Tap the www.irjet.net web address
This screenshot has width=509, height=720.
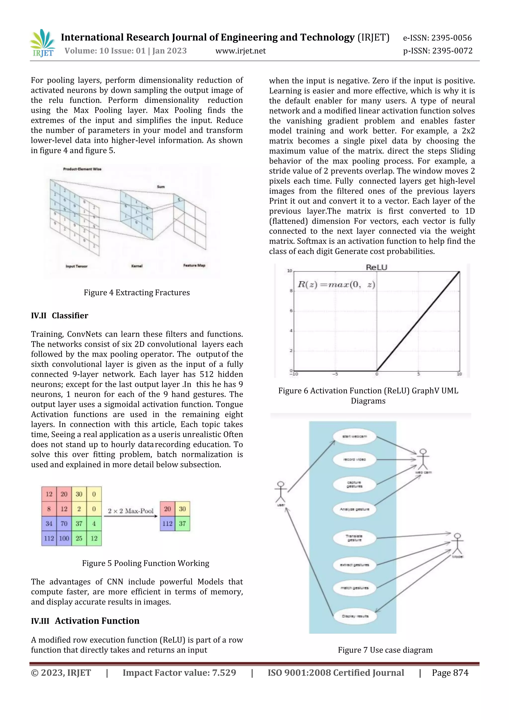pos(240,51)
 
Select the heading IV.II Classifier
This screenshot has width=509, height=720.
pos(60,315)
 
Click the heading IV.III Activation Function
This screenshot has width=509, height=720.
pos(85,621)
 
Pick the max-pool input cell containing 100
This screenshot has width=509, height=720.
pos(64,539)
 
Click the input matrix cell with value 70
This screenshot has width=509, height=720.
pos(64,523)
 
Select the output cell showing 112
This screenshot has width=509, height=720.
pos(167,523)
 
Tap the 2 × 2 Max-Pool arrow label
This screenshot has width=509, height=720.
pos(131,511)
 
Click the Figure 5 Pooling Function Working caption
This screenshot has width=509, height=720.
pos(145,563)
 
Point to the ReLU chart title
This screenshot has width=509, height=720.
pos(377,268)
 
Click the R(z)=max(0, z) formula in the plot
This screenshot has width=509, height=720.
pos(336,284)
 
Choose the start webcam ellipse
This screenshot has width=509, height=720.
pos(354,436)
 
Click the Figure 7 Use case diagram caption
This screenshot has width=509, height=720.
pos(385,650)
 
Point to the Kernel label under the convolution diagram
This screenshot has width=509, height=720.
pos(137,266)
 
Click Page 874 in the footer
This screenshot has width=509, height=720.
pos(450,673)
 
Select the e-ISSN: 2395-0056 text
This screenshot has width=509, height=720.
pos(437,38)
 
